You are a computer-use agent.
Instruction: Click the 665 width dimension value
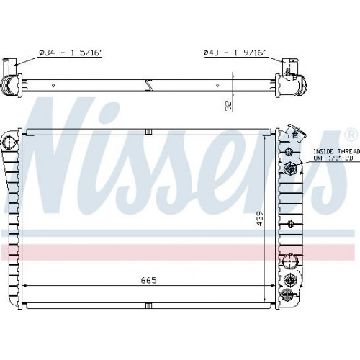pos(148,280)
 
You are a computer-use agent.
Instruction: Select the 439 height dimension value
pos(260,219)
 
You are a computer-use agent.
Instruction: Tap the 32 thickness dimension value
pos(229,106)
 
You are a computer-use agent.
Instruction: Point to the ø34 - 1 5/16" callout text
pos(71,53)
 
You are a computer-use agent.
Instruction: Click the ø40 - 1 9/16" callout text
pos(235,53)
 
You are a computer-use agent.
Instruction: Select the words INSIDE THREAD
pos(337,151)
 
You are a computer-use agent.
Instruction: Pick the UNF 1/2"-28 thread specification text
pos(333,158)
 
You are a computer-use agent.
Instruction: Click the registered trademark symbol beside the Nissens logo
pos(351,135)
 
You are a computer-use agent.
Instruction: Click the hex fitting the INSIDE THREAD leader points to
pos(290,168)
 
